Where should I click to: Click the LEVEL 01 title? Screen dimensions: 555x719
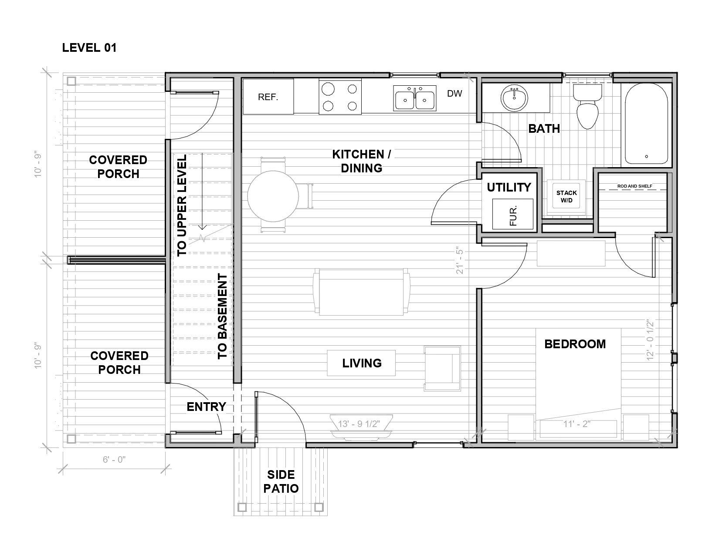(89, 47)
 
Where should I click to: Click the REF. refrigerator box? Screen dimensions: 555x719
(268, 97)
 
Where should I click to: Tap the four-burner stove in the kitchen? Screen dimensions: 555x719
(340, 97)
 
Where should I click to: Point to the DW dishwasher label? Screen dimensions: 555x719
(454, 93)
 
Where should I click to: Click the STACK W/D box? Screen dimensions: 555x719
(566, 196)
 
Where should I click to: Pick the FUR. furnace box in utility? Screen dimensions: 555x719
(512, 214)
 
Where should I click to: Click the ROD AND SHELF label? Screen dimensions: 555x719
(634, 186)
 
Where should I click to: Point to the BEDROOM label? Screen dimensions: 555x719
(575, 344)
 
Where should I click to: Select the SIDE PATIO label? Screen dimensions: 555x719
(281, 481)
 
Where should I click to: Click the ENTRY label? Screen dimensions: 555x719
(206, 407)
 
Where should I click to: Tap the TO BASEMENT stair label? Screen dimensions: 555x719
(223, 316)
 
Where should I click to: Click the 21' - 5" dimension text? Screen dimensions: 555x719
(459, 262)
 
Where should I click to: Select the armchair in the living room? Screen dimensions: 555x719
(442, 368)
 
